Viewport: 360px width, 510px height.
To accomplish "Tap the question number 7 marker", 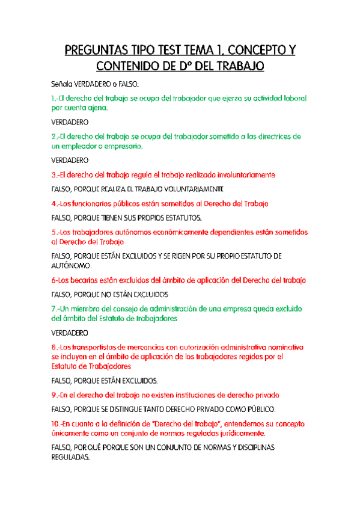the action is click(55, 309).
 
